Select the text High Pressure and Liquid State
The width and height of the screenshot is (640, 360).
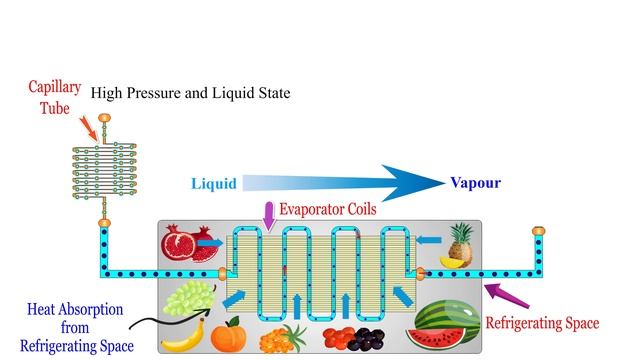(x=190, y=93)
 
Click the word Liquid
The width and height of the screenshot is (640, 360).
(x=213, y=184)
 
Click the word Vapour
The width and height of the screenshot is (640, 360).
(x=475, y=183)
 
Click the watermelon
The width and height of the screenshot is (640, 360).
(x=447, y=324)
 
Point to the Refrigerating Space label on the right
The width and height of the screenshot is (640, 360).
(x=542, y=323)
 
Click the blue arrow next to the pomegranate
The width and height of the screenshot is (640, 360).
(x=210, y=243)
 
